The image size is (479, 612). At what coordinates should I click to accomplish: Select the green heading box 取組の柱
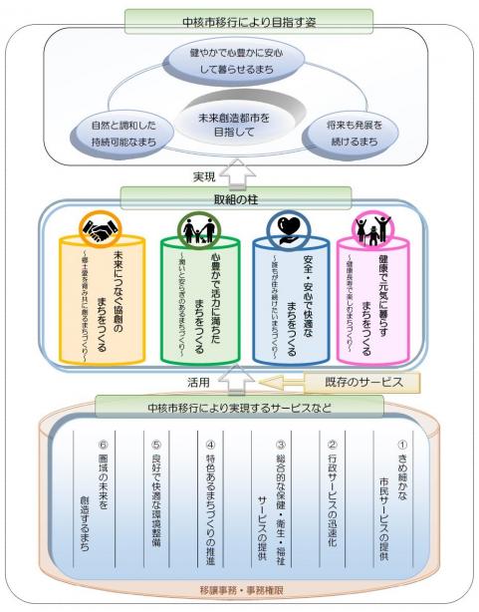[238, 197]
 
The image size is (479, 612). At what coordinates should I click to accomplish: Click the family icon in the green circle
[191, 233]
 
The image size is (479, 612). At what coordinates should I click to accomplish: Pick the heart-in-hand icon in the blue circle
[286, 233]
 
